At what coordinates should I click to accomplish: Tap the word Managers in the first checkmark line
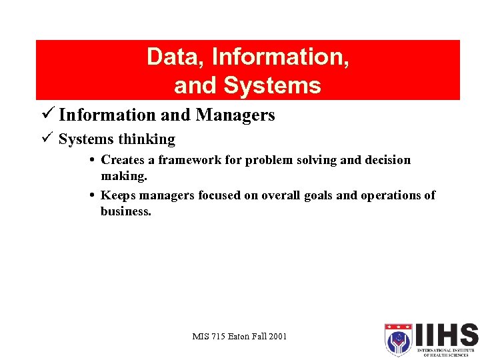click(x=235, y=115)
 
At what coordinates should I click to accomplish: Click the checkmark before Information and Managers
click(x=47, y=114)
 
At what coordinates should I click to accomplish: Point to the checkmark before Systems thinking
click(x=47, y=139)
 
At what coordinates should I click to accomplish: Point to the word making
click(x=124, y=176)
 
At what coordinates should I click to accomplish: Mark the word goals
click(x=315, y=195)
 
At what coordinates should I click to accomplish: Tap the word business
click(x=126, y=211)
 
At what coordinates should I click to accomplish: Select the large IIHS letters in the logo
click(x=445, y=335)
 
